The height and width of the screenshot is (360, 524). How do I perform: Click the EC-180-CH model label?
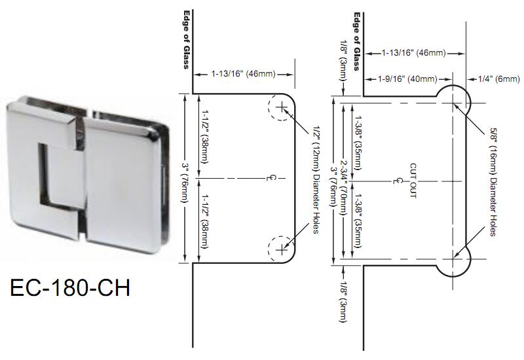(x=70, y=287)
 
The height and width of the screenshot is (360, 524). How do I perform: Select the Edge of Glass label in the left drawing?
(x=186, y=39)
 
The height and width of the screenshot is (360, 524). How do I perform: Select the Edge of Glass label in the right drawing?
(x=357, y=41)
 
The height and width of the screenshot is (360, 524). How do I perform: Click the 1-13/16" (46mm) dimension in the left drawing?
(x=243, y=74)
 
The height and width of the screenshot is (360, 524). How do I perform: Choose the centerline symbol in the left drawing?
(x=276, y=177)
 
